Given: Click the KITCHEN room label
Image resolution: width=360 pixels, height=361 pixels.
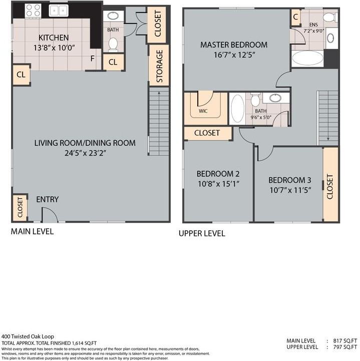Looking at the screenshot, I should [x=54, y=38].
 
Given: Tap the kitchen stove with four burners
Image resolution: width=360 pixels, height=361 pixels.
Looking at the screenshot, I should [x=34, y=10].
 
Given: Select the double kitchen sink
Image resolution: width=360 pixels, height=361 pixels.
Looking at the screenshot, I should [x=60, y=10].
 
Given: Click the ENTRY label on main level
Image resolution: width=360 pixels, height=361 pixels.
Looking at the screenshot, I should [x=47, y=199].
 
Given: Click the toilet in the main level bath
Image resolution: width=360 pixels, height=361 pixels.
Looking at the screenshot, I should [x=113, y=44].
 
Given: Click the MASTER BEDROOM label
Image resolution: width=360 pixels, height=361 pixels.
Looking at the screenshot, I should [x=234, y=45].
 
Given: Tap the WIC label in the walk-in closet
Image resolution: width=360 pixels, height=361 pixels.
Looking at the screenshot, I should [x=203, y=111].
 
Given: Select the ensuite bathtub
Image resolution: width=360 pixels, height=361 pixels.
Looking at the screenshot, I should [x=307, y=59].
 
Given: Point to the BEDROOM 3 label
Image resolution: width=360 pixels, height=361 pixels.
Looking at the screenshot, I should [x=286, y=180].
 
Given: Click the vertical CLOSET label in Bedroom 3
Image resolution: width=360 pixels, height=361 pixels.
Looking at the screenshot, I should [x=330, y=186].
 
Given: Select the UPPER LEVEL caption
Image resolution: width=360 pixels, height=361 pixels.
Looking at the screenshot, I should [x=202, y=233].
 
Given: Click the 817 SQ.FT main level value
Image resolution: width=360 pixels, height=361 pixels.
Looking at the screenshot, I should [x=344, y=340].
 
